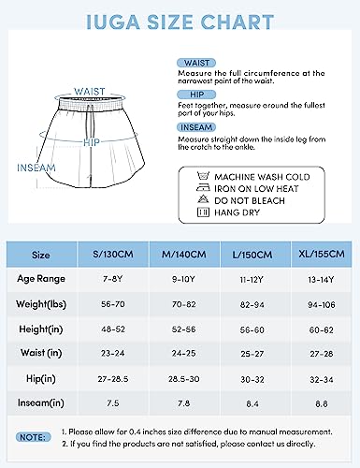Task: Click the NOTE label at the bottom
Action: [x=36, y=435]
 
